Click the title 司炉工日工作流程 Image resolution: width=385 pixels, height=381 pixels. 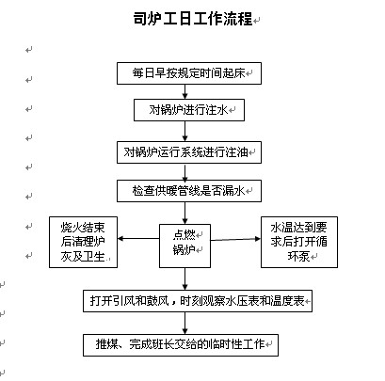coord(193,19)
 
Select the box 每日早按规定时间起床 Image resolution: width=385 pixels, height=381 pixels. coord(189,73)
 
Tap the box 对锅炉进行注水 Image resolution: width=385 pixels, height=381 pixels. coord(189,110)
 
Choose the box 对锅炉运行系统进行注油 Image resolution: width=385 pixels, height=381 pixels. coord(189,152)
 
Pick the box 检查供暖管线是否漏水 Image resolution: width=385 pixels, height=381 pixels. coord(189,191)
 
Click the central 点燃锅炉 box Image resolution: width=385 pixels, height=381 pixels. coord(184,246)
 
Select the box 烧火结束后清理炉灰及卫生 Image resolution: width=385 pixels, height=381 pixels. coord(83,242)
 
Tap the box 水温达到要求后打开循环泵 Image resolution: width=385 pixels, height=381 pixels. coord(299,242)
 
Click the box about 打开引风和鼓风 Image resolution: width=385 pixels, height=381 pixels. coord(198,301)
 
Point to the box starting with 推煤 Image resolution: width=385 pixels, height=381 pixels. coord(181,345)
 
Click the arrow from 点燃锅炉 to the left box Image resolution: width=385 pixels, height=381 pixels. coord(138,239)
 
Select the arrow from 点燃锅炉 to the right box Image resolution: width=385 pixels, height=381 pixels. coord(235,239)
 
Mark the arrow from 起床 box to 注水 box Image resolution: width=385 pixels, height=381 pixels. coord(184,91)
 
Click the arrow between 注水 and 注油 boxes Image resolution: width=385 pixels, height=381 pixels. coord(184,131)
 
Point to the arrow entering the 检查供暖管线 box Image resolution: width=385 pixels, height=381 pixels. coord(184,171)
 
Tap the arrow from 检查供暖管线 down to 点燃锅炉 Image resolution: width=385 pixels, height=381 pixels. coord(184,213)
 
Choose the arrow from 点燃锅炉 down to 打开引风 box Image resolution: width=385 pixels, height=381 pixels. coord(184,278)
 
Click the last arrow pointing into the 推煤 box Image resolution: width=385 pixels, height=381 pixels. coord(184,323)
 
